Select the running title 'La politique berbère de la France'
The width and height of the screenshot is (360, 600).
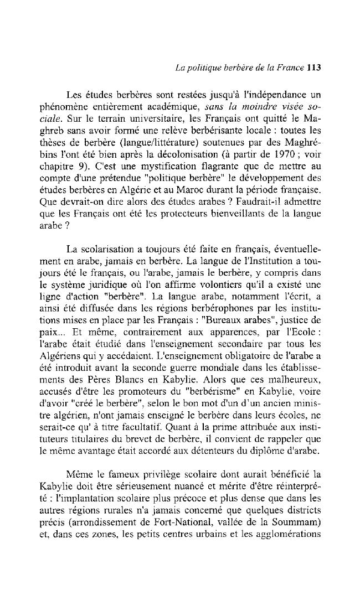tap(239, 68)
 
